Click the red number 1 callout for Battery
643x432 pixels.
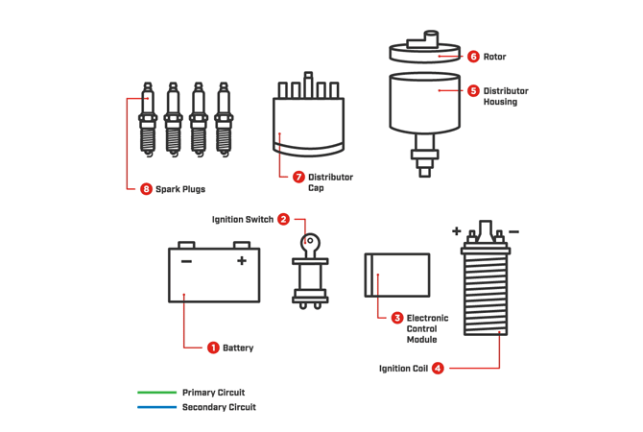[213, 348]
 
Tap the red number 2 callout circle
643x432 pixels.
[283, 220]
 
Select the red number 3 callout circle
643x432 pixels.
[397, 318]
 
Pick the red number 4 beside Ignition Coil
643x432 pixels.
[438, 368]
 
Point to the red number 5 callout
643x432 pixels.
[474, 91]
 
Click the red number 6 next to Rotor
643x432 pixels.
[474, 57]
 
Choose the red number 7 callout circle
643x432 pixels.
[298, 177]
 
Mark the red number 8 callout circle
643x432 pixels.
[146, 189]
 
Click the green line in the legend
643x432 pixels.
[157, 393]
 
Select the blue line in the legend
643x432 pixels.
[157, 407]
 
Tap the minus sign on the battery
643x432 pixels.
[187, 261]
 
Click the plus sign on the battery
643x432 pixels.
[242, 260]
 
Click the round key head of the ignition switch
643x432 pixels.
[310, 242]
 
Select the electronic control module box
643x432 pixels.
[397, 276]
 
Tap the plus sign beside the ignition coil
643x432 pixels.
[457, 231]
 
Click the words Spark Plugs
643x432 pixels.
[180, 189]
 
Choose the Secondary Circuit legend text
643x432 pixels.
[220, 407]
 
